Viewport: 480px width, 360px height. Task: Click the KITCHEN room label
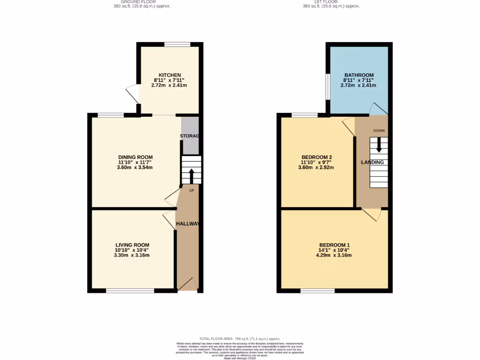[x=170, y=75]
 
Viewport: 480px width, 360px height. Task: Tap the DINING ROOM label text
[x=135, y=157]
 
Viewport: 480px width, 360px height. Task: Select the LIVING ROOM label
[x=132, y=245]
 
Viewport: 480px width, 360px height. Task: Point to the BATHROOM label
[x=359, y=75]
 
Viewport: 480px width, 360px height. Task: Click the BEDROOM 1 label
[x=334, y=245]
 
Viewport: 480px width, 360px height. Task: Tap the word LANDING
[x=372, y=162]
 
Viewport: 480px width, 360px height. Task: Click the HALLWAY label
[x=187, y=224]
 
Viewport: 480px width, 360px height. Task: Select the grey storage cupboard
[x=190, y=135]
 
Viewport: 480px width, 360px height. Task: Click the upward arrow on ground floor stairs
[x=191, y=176]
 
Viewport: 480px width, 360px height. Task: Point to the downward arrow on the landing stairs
[x=379, y=145]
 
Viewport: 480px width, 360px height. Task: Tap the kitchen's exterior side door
[x=132, y=95]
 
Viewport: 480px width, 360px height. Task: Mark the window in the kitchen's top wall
[x=177, y=45]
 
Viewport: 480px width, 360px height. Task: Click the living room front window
[x=130, y=291]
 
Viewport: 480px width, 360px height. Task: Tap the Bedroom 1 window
[x=317, y=291]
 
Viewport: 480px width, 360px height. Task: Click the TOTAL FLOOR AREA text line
[x=240, y=338]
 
